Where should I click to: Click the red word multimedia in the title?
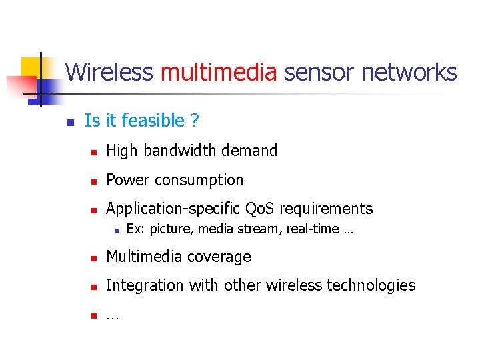coord(219,72)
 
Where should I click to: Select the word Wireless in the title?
coord(109,72)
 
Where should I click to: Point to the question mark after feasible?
coord(195,121)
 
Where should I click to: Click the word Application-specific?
coord(173,209)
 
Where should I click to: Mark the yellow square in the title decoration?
coord(31,67)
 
